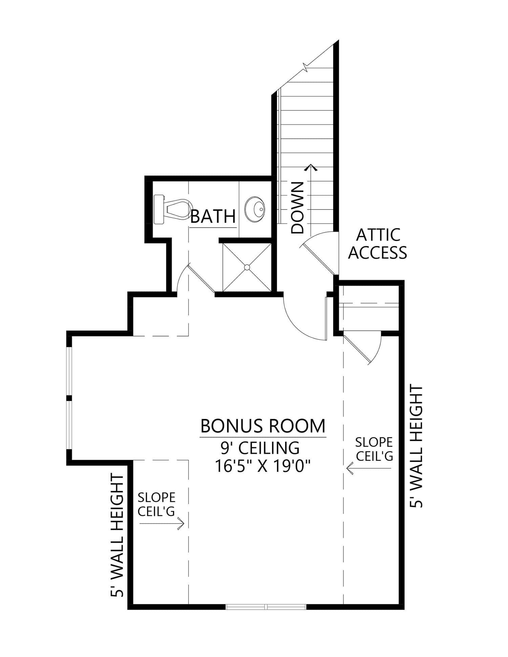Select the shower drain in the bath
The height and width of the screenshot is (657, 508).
point(247,267)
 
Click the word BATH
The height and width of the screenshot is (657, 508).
point(213,217)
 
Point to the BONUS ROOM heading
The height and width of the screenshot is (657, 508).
point(263,426)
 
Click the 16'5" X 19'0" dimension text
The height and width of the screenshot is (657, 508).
point(263,467)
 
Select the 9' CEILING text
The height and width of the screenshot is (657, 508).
point(260,448)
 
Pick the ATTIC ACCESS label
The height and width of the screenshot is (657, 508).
point(378,244)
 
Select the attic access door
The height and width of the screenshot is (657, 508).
point(318,252)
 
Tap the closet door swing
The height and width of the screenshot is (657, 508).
point(364,350)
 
